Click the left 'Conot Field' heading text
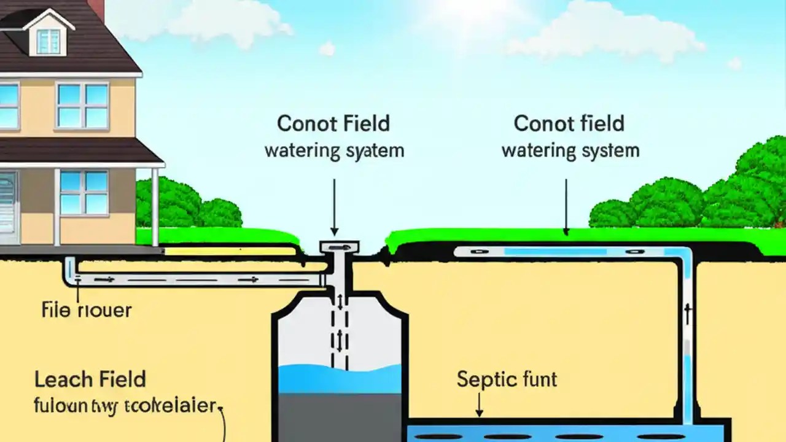333,123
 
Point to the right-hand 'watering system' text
570,150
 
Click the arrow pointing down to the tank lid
335,206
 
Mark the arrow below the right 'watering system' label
566,206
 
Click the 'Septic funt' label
507,379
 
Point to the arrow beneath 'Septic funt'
479,405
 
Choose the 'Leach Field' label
90,379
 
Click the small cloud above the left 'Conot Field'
327,48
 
